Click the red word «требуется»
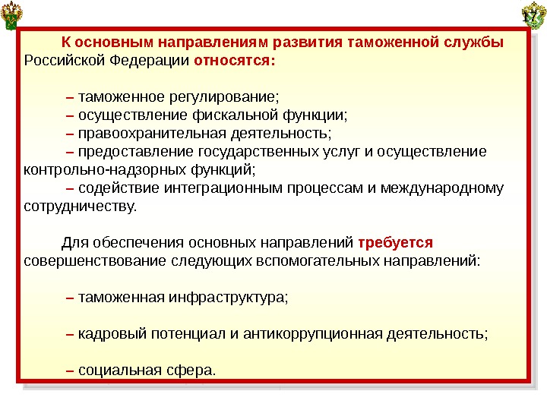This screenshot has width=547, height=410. coord(395,243)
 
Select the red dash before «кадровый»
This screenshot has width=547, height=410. coord(70,334)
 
